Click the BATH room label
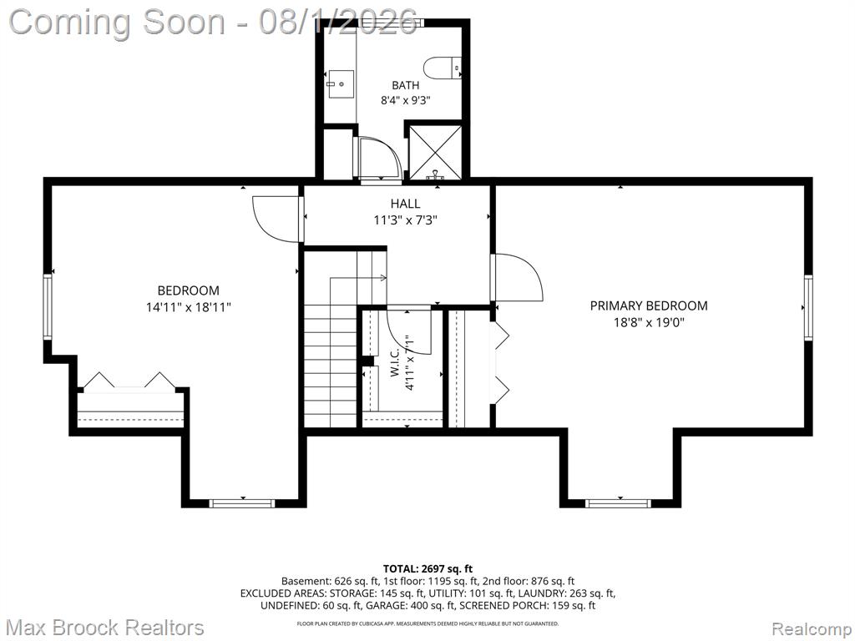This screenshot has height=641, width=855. coord(406,85)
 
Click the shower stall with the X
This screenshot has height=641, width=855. coord(435,152)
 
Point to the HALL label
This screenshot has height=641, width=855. coord(405,204)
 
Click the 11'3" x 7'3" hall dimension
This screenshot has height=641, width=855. coord(405,220)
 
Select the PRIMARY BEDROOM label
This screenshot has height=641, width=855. coord(649,305)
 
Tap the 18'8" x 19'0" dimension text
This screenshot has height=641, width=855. coord(649,323)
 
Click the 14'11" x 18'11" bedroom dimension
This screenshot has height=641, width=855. coord(189,307)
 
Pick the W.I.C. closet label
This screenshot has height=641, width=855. coord(395,363)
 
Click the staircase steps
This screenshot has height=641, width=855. coord(330,366)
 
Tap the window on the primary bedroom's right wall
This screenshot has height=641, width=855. coord(808,308)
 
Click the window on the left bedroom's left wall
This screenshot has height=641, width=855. coord(48,307)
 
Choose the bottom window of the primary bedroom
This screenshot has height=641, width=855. coord(619,503)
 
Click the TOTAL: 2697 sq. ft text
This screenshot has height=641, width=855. coord(428,569)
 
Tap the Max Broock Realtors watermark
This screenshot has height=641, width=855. coord(106,628)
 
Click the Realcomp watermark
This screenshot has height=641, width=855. coord(812,629)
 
